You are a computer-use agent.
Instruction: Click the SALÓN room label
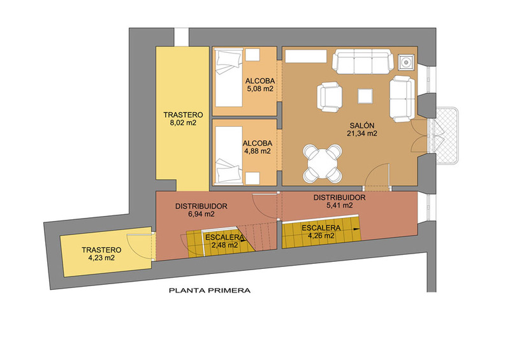click(x=362, y=125)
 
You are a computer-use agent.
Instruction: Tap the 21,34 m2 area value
click(x=362, y=133)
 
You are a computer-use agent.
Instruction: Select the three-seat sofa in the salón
click(x=361, y=61)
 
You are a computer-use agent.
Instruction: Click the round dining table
click(x=323, y=163)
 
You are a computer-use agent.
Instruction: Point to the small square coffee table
click(x=365, y=96)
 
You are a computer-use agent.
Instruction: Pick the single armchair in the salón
click(x=330, y=97)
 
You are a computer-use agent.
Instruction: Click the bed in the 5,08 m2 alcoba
click(x=229, y=77)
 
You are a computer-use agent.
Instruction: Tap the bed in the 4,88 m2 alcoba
click(x=229, y=155)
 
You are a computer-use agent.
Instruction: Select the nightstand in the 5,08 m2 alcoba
click(x=252, y=54)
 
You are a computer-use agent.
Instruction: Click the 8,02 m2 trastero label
click(x=183, y=119)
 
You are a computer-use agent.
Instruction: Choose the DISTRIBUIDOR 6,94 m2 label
click(x=201, y=210)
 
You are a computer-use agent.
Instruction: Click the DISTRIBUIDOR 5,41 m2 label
click(x=339, y=201)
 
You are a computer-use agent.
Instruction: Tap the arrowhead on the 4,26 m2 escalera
click(x=358, y=229)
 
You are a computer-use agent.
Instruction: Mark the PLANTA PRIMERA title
click(x=210, y=291)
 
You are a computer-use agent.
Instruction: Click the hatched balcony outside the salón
click(x=448, y=136)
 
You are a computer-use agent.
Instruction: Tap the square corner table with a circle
click(x=407, y=62)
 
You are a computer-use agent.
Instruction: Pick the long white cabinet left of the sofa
click(x=306, y=56)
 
